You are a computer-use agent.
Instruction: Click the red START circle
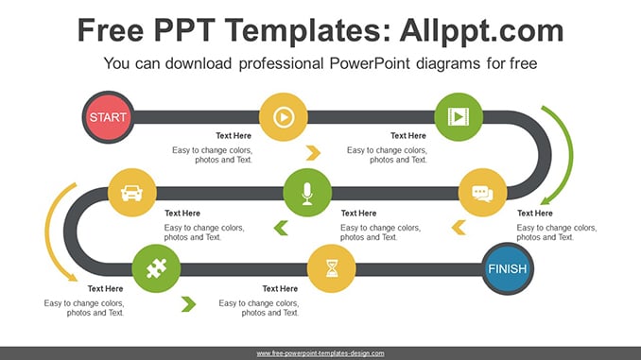(x=108, y=117)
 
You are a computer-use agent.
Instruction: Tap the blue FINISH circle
(x=508, y=269)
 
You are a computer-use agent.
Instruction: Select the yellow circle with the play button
(x=284, y=117)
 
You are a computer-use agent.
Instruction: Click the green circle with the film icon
(x=459, y=117)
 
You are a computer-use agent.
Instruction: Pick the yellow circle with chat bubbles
(x=483, y=193)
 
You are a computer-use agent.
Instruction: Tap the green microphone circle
(x=307, y=193)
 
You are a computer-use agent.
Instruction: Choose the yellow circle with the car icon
(x=132, y=193)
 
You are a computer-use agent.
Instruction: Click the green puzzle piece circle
(x=156, y=268)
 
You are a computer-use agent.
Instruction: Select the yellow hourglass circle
(x=332, y=268)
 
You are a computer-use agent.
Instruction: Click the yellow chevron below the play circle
(x=313, y=153)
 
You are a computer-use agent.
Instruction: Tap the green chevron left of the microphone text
(x=281, y=228)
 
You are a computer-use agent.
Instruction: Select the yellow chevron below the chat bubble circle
(x=459, y=228)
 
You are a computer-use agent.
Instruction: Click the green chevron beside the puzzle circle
(x=188, y=304)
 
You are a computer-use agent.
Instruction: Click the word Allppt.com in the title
(x=481, y=30)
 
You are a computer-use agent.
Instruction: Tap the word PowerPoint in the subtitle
(x=370, y=63)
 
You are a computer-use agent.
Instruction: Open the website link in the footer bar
(x=320, y=353)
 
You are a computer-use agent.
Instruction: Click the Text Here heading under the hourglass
(x=280, y=289)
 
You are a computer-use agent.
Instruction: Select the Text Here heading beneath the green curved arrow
(x=535, y=214)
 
